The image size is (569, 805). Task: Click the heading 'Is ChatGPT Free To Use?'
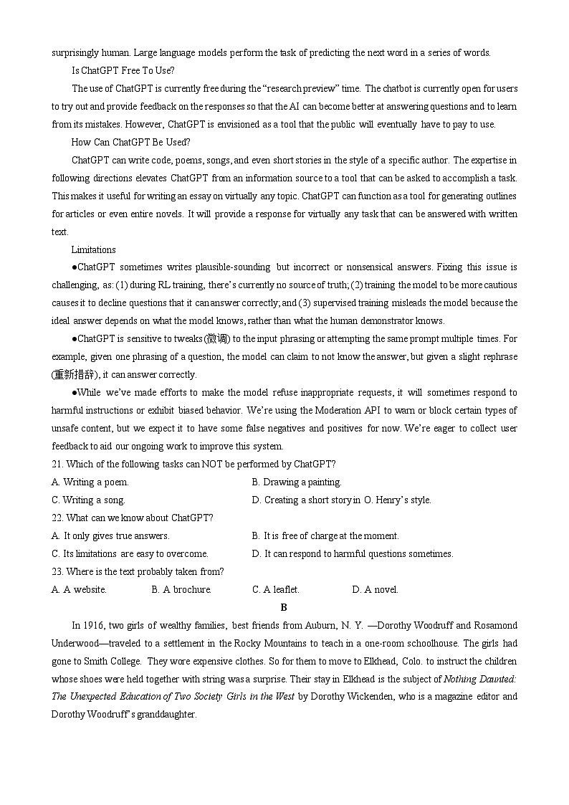point(123,70)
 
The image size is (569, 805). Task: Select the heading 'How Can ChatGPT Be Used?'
point(130,142)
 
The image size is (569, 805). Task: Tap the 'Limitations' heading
point(93,249)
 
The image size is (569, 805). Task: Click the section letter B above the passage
point(284,607)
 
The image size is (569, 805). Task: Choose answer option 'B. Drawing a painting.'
point(297,482)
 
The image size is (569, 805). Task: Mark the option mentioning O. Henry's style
point(341,500)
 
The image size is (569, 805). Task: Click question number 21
point(57,464)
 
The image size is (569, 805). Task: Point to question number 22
point(57,518)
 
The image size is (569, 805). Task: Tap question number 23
point(57,571)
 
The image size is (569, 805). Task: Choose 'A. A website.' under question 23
point(79,589)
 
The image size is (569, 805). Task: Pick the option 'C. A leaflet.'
point(276,589)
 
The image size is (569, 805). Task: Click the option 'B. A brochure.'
point(181,589)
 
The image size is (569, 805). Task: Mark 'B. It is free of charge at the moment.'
point(325,535)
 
